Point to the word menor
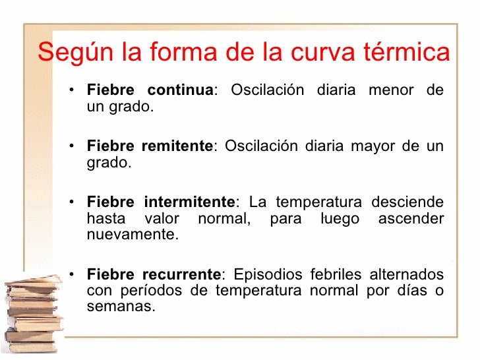pos(391,90)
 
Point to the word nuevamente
pos(131,235)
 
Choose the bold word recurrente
pos(181,274)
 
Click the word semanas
pos(121,307)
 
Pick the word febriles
pos(335,274)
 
